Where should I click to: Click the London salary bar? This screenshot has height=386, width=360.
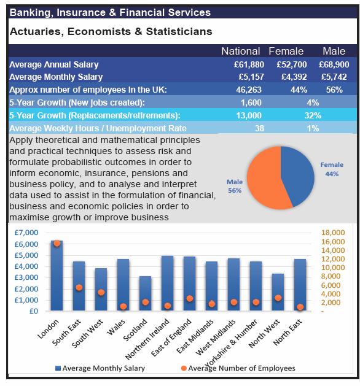tap(57, 275)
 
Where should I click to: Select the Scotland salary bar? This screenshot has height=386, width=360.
tap(145, 293)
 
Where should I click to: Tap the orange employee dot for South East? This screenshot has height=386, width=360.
tap(79, 287)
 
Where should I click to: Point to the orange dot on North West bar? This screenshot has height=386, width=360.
tap(278, 298)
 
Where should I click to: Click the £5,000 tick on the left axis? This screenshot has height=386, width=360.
tap(26, 255)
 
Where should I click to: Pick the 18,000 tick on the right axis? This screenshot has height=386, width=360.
tap(333, 233)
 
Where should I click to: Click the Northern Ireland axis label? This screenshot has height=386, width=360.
tap(147, 339)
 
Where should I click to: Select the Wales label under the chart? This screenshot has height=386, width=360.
tap(116, 327)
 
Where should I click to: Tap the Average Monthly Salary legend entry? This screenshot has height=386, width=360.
tap(100, 368)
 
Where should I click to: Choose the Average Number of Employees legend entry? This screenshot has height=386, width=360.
tap(238, 368)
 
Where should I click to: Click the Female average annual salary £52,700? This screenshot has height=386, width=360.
tap(291, 65)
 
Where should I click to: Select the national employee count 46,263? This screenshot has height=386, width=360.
tap(249, 90)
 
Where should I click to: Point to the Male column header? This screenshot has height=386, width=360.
tap(334, 51)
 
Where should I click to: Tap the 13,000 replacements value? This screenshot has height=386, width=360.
tap(249, 115)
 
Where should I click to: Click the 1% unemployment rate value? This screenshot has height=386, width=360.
tap(313, 128)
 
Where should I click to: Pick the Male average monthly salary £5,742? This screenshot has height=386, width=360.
tap(334, 77)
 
